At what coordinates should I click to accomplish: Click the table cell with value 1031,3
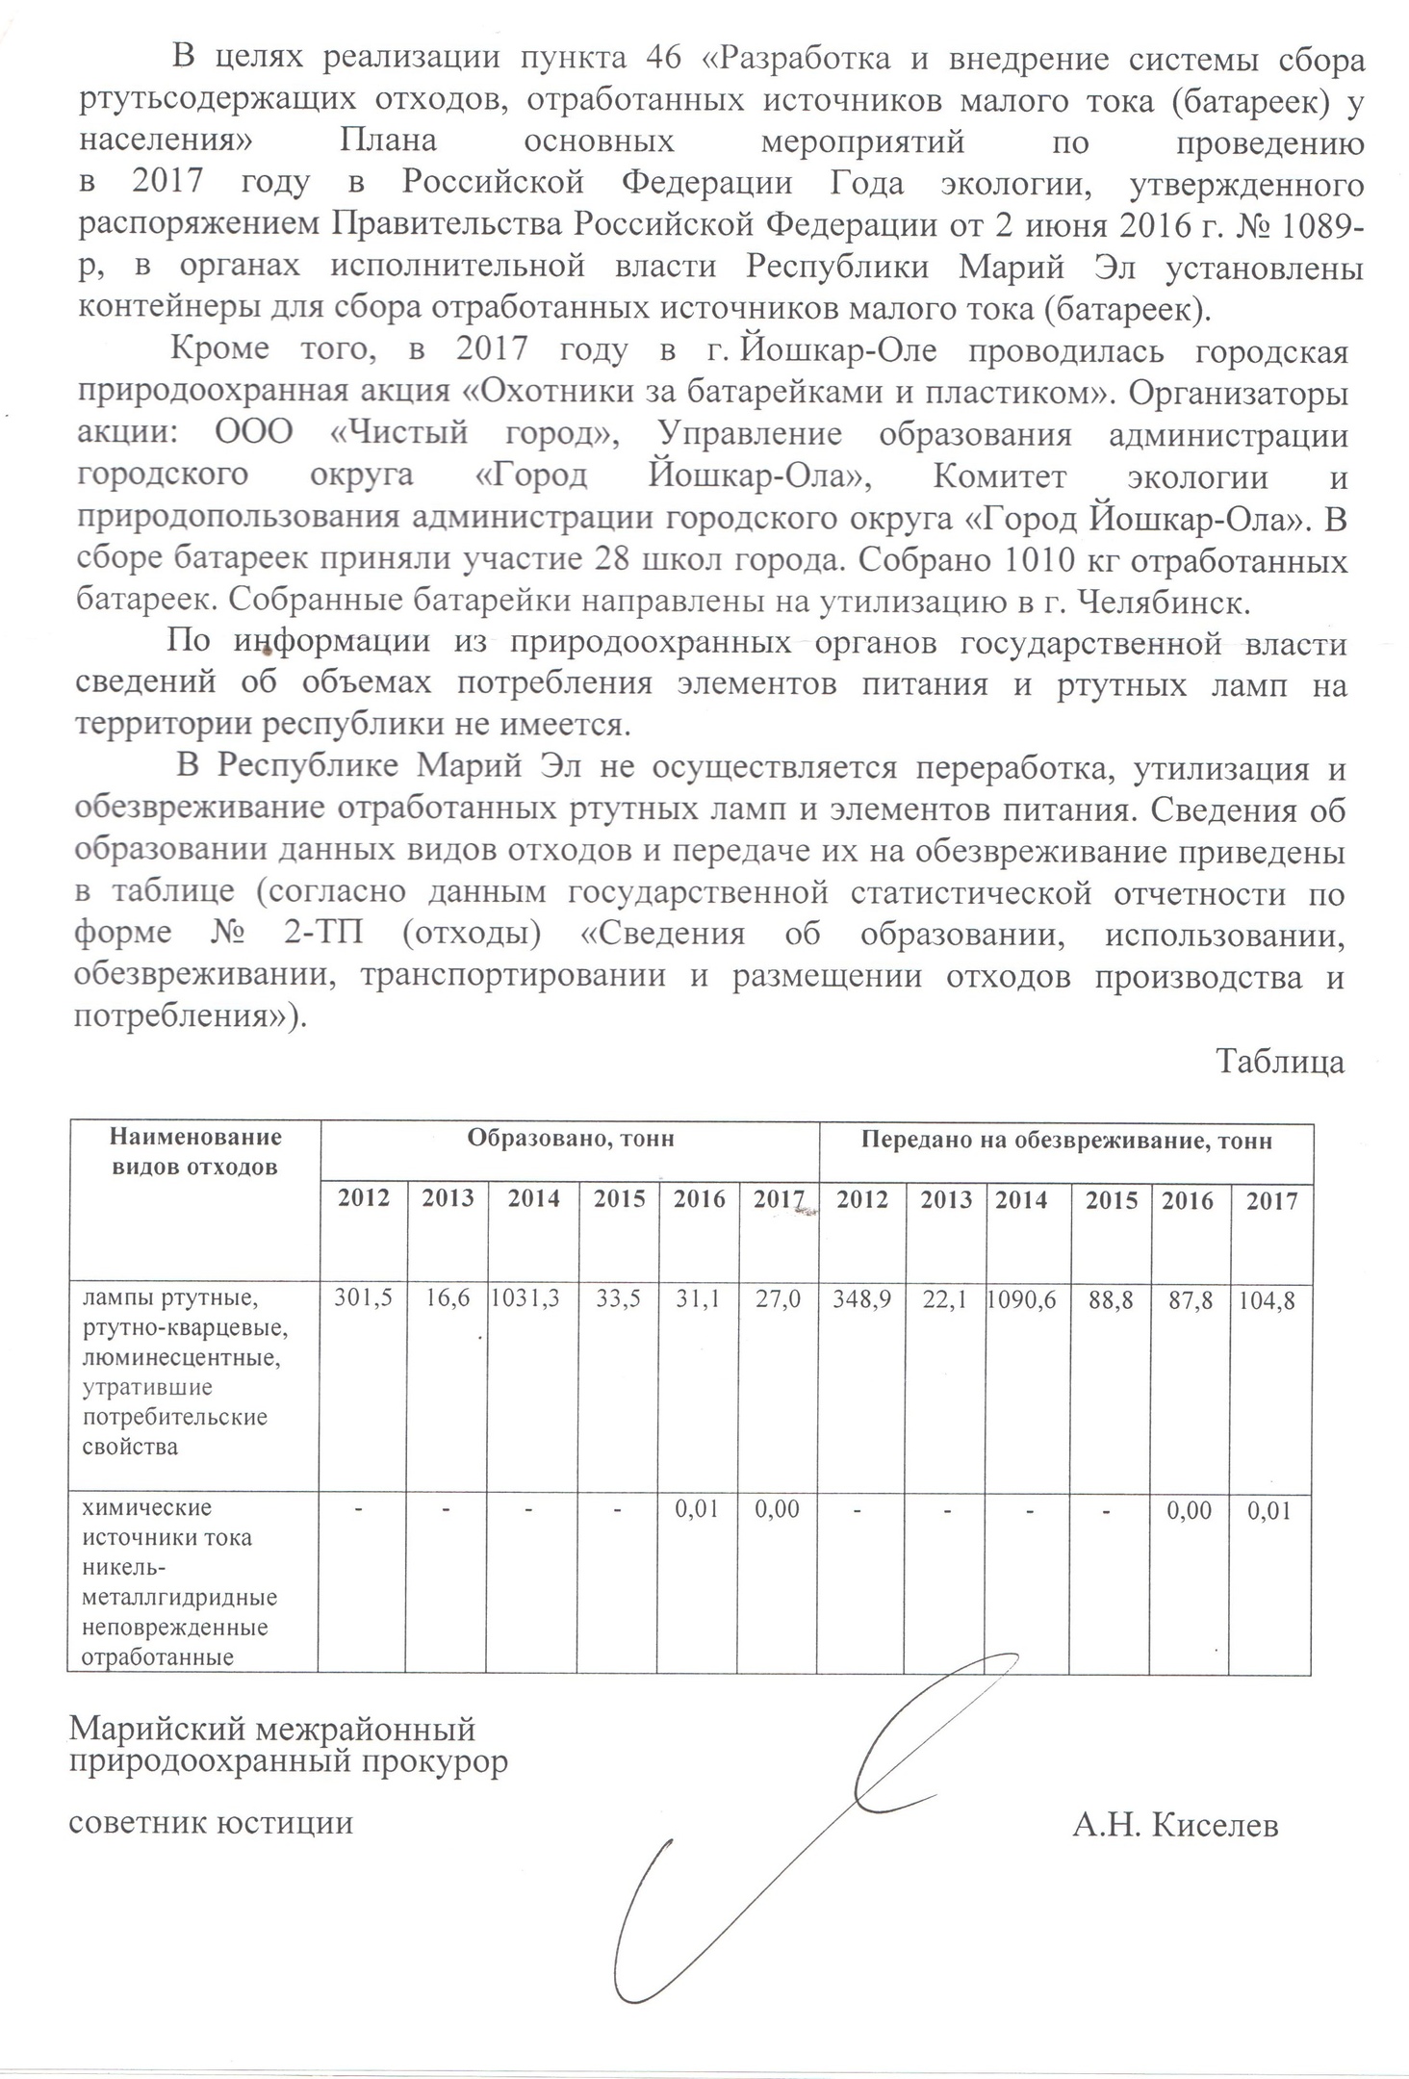click(525, 1300)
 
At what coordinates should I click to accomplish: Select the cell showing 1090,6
click(1022, 1300)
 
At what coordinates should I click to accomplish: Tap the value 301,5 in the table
click(363, 1300)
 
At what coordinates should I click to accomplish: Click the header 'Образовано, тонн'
click(571, 1140)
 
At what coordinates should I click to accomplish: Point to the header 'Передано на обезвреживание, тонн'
click(1066, 1142)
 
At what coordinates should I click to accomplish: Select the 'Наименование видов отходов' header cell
click(195, 1152)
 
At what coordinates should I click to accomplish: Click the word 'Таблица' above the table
click(1280, 1062)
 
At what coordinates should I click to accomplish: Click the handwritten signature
click(818, 1829)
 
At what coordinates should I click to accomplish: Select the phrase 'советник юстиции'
click(211, 1823)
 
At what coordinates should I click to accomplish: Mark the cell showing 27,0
click(778, 1300)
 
